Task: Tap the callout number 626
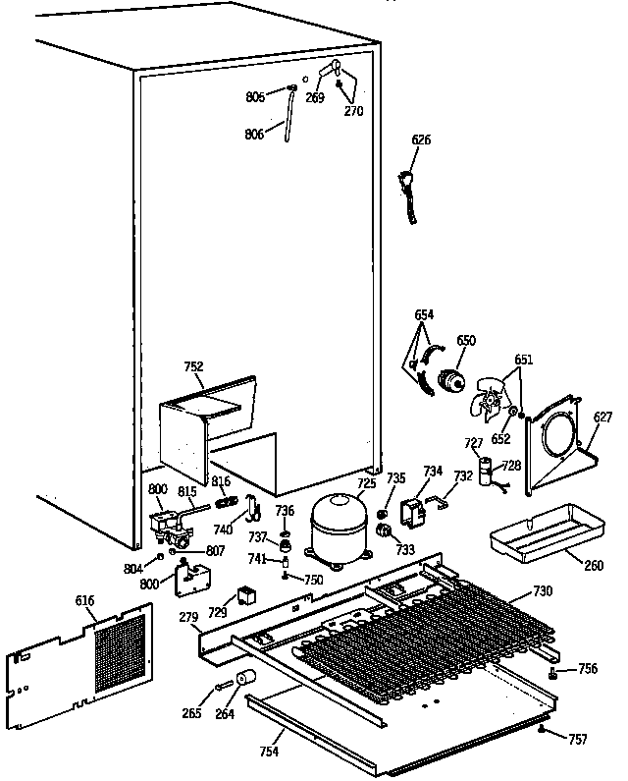pyautogui.click(x=420, y=140)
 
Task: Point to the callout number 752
pyautogui.click(x=193, y=366)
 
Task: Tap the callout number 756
pyautogui.click(x=587, y=669)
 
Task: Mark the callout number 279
pyautogui.click(x=189, y=617)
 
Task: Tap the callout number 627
pyautogui.click(x=602, y=418)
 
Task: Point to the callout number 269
pyautogui.click(x=315, y=97)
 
